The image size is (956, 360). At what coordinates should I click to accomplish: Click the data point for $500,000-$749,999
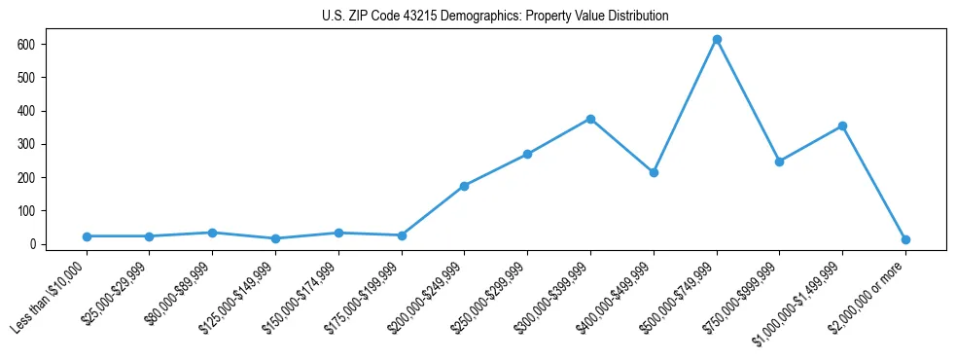[x=717, y=40]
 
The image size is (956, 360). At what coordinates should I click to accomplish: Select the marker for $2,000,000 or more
[x=905, y=239]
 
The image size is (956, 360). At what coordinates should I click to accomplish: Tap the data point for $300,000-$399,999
[x=590, y=119]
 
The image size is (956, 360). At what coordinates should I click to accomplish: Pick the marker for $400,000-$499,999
[x=654, y=172]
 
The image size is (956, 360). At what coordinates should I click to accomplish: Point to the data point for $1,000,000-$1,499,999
[x=842, y=126]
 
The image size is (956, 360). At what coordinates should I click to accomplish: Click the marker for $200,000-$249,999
[x=464, y=186]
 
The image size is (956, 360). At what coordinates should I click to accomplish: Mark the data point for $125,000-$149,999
[x=275, y=238]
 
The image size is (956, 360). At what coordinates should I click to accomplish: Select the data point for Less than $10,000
[x=87, y=236]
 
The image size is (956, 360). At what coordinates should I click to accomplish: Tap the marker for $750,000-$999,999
[x=779, y=162]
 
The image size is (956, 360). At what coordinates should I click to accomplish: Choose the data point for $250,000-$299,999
[x=527, y=154]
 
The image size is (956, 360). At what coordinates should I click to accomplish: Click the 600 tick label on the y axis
[x=26, y=45]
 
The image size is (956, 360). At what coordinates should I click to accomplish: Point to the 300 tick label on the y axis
[x=26, y=144]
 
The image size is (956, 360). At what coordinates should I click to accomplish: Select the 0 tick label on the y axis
[x=32, y=244]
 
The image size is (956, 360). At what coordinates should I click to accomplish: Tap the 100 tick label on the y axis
[x=26, y=211]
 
